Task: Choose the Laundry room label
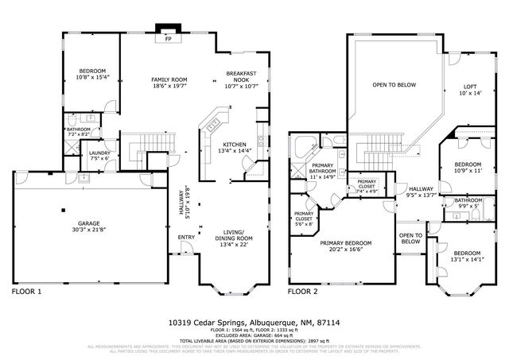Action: click(99, 155)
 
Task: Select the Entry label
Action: click(186, 237)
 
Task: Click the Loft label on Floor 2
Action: click(470, 90)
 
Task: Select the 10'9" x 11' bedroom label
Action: click(468, 167)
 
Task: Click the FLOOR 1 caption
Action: click(26, 292)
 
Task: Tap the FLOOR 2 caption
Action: click(302, 292)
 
